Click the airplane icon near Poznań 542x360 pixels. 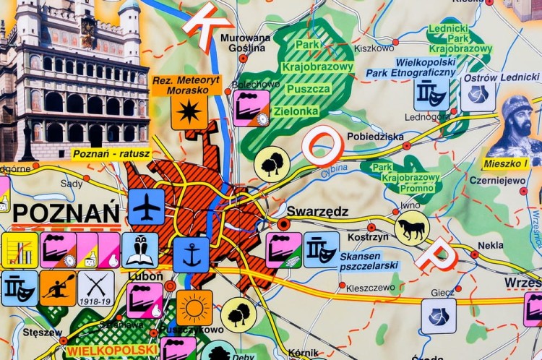[x=147, y=207]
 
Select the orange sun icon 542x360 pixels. [x=194, y=308]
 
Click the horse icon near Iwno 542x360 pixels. [x=411, y=228]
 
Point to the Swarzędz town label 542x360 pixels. [x=317, y=213]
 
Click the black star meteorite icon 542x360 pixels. [x=189, y=112]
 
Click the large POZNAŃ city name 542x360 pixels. [x=66, y=214]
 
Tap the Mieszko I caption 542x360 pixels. [x=506, y=163]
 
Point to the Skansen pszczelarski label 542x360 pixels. [x=370, y=261]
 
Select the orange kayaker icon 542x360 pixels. [x=58, y=288]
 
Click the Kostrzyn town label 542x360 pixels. [x=364, y=237]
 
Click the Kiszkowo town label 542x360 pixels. [x=374, y=48]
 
